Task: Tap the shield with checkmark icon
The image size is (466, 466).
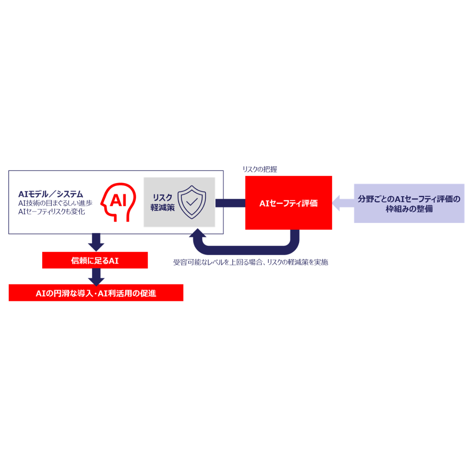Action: coord(192,202)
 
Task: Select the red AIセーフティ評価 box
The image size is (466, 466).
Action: coord(288,203)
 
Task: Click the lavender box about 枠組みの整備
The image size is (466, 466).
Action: coord(409,203)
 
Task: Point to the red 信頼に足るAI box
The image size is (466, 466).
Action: coord(95,261)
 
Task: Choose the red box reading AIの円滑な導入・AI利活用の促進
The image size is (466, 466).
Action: coord(96,293)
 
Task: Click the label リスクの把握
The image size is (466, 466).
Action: coord(260,169)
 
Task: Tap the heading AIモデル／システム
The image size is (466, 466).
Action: coord(51,194)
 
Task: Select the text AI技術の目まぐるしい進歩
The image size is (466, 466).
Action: coord(55,203)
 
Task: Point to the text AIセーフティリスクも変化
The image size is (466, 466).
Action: coord(51,211)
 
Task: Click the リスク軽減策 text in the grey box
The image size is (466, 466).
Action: coord(162,202)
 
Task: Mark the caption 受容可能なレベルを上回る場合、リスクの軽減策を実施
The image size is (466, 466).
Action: coord(250,262)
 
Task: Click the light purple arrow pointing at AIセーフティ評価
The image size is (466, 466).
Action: coord(343,203)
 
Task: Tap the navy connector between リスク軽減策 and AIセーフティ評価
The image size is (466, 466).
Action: coord(230,203)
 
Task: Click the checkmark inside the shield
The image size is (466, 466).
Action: coord(192,202)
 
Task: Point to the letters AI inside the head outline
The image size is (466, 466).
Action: coord(118,200)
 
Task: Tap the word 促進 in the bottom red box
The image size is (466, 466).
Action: coord(148,293)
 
